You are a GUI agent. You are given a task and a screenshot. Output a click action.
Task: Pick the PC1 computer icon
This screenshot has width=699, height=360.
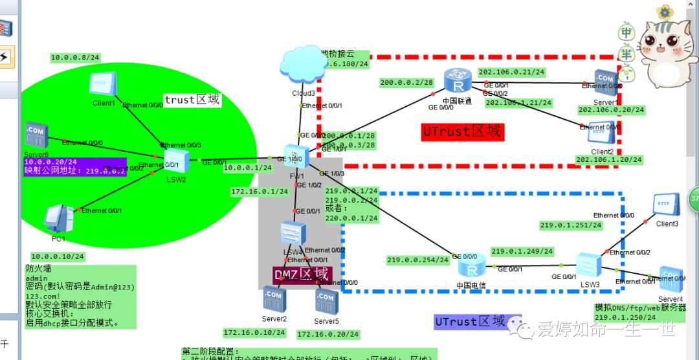59,218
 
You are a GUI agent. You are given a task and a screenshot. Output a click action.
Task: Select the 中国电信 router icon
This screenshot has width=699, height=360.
471,265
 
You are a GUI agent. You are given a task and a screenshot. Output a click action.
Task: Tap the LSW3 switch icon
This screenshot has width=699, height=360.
589,264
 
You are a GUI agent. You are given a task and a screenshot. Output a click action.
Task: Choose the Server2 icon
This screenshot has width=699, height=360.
274,298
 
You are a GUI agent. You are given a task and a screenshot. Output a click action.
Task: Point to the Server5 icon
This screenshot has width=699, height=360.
326,301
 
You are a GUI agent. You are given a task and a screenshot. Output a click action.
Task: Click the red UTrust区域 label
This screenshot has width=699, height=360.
461,131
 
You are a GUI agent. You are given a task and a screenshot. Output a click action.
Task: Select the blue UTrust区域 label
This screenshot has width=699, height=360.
469,322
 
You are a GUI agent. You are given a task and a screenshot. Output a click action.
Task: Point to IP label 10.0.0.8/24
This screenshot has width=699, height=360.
75,58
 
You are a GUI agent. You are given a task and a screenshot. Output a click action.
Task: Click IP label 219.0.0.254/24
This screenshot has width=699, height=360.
417,260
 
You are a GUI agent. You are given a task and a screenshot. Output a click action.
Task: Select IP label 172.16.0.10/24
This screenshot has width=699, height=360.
254,333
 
